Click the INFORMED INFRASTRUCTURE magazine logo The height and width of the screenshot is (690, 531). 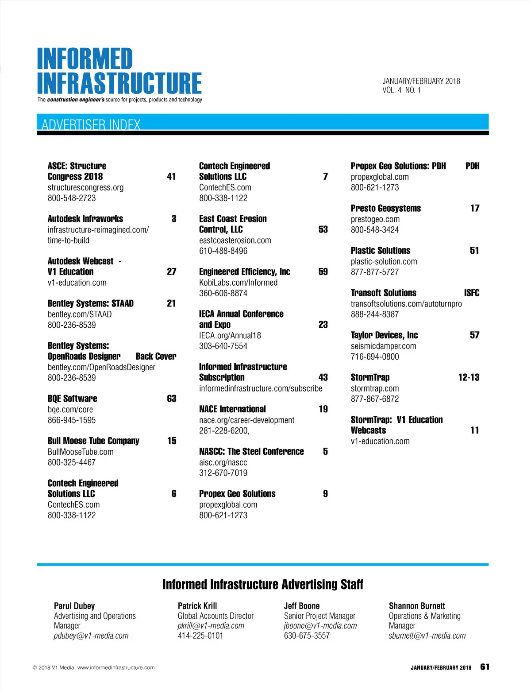(x=119, y=72)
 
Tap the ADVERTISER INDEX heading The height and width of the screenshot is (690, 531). (x=91, y=124)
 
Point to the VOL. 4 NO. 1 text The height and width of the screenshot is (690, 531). (x=401, y=90)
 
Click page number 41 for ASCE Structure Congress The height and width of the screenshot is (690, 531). (x=171, y=177)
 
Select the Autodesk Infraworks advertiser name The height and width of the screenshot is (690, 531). (x=85, y=219)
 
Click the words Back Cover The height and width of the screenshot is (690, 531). (x=156, y=357)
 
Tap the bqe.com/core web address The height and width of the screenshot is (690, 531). (x=70, y=410)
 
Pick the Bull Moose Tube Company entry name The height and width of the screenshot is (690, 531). (x=93, y=441)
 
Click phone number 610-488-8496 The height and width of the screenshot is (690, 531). (x=223, y=251)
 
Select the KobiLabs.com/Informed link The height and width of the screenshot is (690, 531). (x=238, y=283)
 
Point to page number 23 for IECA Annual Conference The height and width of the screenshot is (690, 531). (x=323, y=325)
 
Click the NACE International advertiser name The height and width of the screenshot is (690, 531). (x=232, y=409)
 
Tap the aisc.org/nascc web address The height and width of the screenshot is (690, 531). (x=223, y=462)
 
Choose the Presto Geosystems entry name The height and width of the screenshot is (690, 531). (x=385, y=209)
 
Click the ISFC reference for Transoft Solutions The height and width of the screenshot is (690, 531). (x=471, y=293)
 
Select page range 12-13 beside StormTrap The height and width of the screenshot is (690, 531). (x=469, y=378)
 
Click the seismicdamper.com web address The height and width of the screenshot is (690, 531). (x=383, y=346)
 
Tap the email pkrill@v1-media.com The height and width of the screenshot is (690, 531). (x=211, y=626)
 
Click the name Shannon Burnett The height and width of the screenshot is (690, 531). (x=417, y=606)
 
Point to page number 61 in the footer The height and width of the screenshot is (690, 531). (x=485, y=667)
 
